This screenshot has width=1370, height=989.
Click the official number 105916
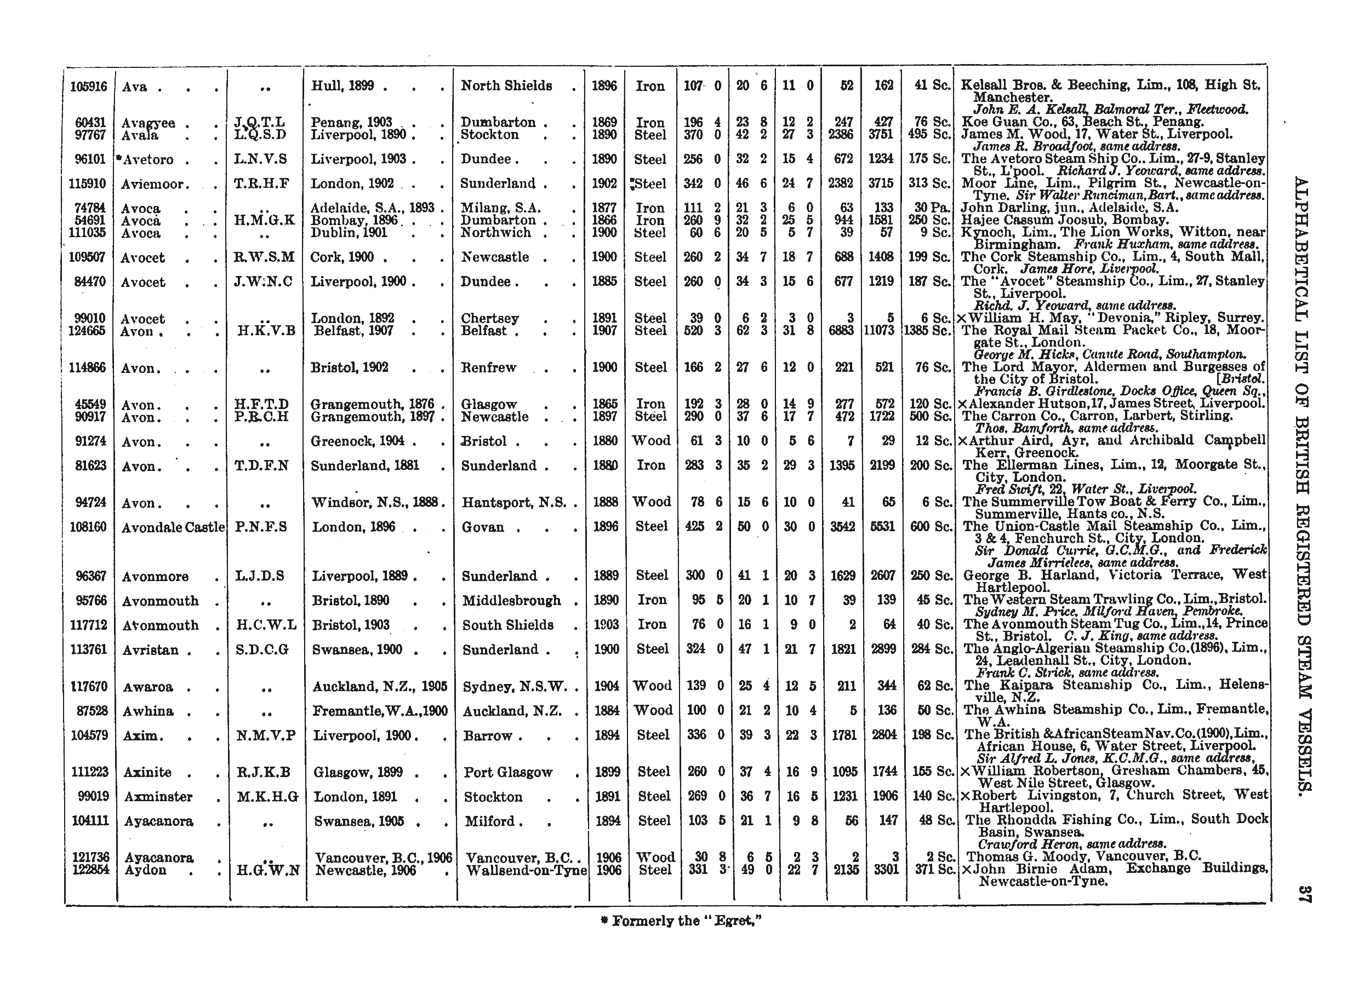[88, 87]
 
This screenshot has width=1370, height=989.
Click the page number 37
[1304, 894]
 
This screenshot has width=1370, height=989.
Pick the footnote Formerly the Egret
[681, 922]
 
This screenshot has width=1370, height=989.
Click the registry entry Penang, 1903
[352, 123]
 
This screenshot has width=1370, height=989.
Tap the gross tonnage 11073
[881, 331]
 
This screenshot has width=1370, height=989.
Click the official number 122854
[90, 870]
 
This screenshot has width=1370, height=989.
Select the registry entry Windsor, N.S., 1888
[378, 502]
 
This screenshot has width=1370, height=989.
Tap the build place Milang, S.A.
[501, 208]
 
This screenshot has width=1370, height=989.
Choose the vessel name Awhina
[148, 711]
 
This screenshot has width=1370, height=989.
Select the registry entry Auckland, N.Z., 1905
[380, 687]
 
